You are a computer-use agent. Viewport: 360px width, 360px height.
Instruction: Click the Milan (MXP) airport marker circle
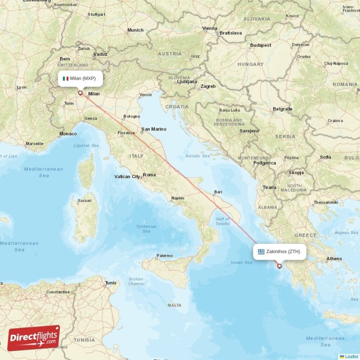81,94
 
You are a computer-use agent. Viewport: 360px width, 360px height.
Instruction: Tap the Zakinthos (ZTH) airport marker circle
279,266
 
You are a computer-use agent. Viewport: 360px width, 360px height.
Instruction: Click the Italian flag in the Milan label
65,78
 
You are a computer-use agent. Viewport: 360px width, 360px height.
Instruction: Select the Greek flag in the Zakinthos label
261,252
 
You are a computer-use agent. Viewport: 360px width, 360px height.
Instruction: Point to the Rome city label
149,175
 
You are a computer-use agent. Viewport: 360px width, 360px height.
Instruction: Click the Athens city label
334,259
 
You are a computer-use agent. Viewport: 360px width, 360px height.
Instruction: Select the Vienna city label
210,28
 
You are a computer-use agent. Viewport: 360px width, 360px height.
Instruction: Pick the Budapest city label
261,45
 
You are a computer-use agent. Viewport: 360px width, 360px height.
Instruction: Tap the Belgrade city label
283,109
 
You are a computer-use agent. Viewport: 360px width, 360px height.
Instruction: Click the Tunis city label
110,283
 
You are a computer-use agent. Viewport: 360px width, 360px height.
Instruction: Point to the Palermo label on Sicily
164,256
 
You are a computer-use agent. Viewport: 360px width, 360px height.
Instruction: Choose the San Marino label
153,129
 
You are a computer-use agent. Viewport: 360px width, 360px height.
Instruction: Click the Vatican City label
127,177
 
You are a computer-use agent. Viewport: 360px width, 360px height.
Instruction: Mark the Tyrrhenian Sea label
146,229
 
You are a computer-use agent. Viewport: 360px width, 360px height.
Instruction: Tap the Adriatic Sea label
198,156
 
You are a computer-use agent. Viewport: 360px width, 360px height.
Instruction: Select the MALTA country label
174,306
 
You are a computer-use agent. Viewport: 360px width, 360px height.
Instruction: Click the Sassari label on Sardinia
85,200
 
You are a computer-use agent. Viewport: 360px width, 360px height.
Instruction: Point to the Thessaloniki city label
326,202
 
